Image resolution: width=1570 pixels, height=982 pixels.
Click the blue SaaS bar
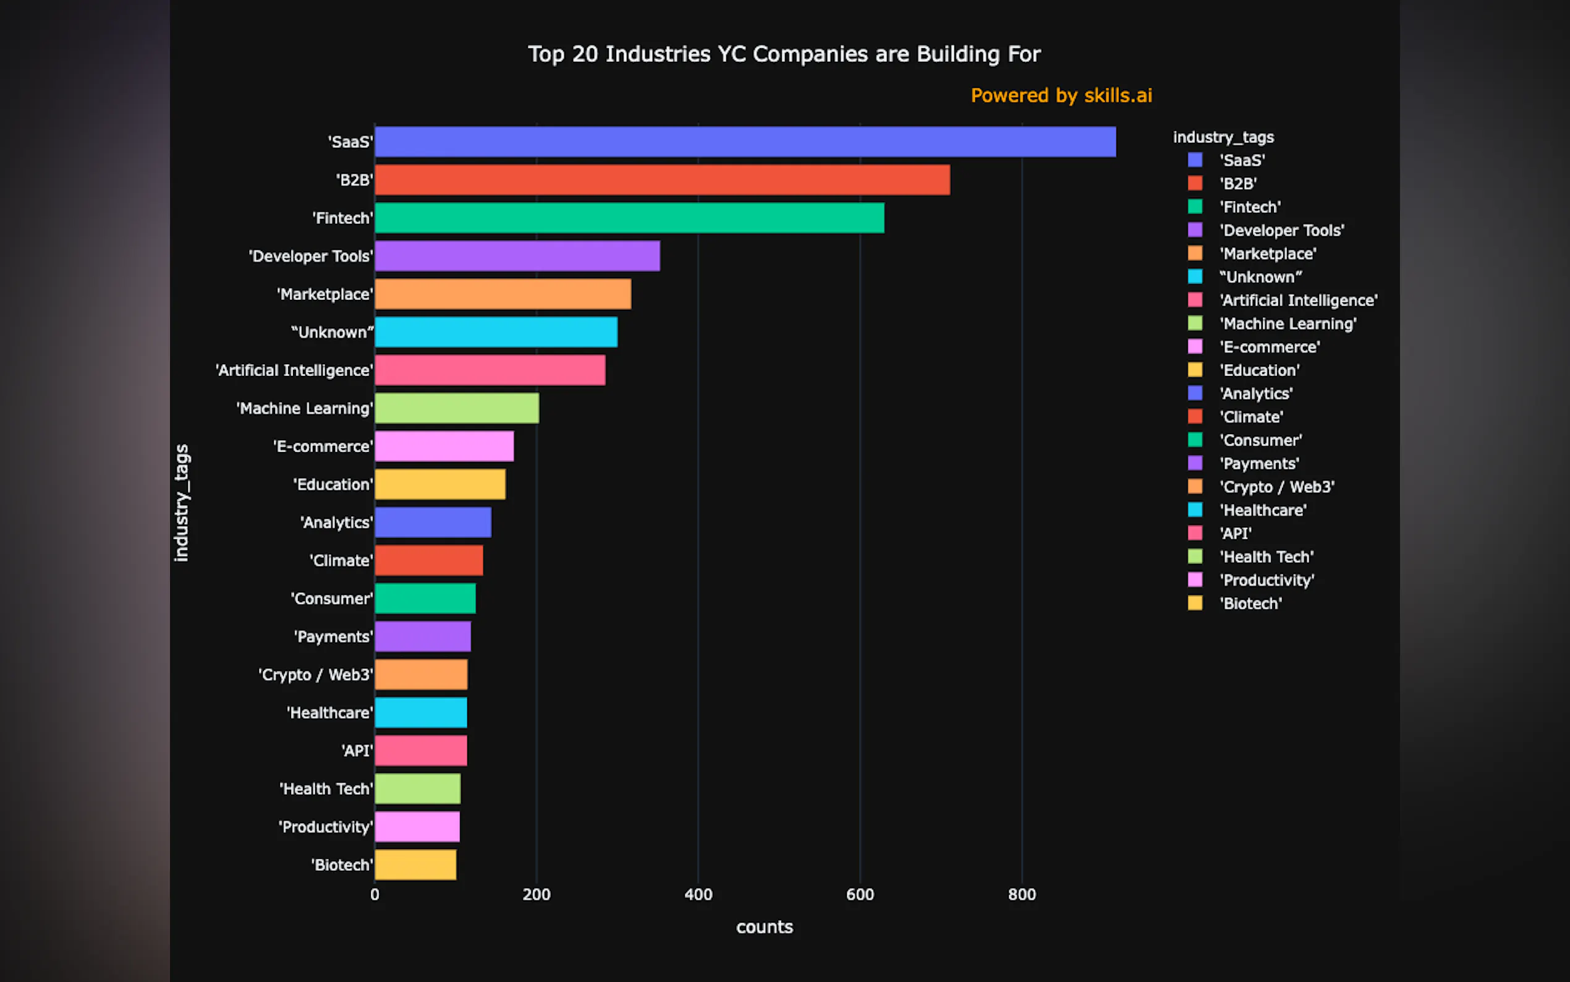tap(745, 142)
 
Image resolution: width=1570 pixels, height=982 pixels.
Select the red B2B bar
tap(662, 180)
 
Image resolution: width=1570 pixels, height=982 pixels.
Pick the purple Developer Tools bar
tap(517, 256)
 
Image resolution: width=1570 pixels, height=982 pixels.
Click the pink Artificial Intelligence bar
tap(490, 370)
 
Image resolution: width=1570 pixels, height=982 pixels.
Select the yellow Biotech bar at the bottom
tap(415, 865)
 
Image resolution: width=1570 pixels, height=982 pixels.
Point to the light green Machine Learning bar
tap(456, 409)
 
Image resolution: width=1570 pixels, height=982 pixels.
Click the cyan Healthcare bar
tap(420, 712)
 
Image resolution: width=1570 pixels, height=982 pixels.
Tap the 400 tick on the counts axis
tap(698, 895)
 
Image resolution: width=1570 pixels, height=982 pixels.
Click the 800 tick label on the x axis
tap(1022, 895)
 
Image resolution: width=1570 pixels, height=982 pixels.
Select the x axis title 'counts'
tap(764, 927)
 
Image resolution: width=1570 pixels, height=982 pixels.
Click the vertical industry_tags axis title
tap(182, 503)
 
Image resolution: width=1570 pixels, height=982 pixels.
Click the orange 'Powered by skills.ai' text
tap(1061, 95)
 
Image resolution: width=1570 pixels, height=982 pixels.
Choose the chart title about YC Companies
tap(784, 54)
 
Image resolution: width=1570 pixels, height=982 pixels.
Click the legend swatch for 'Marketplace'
tap(1195, 254)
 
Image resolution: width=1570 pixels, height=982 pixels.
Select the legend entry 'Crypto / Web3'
tap(1276, 487)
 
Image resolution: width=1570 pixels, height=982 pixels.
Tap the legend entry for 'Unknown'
tap(1260, 276)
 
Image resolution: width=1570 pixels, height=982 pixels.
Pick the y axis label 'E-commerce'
tap(323, 447)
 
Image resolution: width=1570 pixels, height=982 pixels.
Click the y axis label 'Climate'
tap(341, 560)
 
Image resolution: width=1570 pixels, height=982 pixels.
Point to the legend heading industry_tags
tap(1223, 137)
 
